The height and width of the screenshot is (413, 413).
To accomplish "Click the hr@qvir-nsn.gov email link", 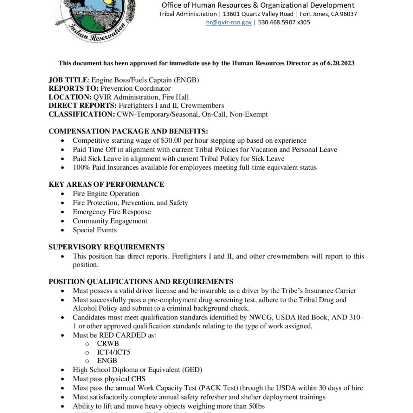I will coord(229,23).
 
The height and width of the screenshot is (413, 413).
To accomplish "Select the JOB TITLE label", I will coord(68,80).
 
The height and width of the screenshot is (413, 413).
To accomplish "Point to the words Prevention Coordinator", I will coord(136,89).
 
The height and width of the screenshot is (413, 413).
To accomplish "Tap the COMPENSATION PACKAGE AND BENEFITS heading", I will coord(128,131).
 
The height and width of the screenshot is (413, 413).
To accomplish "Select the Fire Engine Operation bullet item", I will coord(106,194).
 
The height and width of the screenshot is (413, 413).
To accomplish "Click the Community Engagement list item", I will coord(110,221).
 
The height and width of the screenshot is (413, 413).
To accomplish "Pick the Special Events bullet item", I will coord(95,230).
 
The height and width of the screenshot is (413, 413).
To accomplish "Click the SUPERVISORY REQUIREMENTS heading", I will coord(106,247).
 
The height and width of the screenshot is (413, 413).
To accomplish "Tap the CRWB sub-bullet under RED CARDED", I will coord(108,344).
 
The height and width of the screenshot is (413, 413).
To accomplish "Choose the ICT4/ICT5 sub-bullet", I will coord(114,352).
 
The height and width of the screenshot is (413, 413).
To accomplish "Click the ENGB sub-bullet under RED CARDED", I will coord(107,361).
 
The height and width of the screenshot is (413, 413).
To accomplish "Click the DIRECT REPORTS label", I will coord(83,106).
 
